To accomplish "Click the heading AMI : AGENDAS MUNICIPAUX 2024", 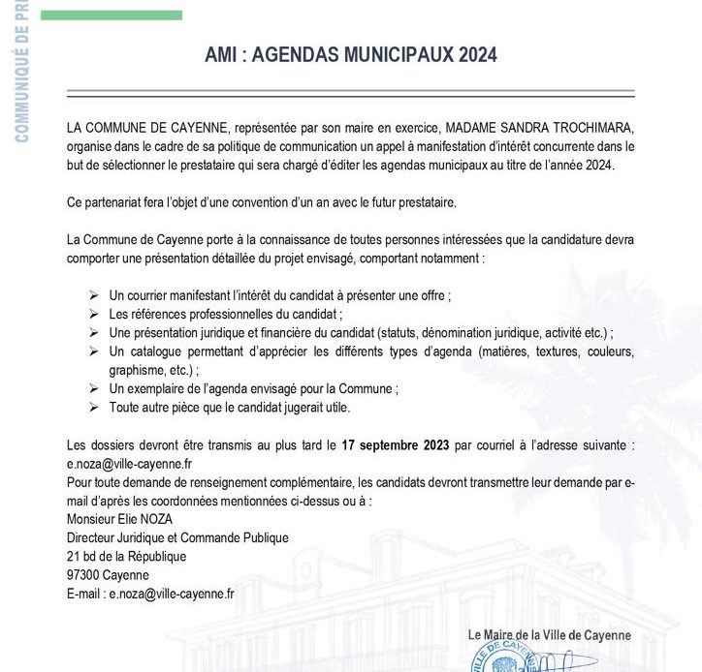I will (x=351, y=54).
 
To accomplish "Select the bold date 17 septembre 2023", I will (x=395, y=446).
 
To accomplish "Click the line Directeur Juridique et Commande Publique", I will (x=177, y=537).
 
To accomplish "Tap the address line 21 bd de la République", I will (x=126, y=557).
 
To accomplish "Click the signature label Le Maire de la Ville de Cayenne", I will (x=549, y=635).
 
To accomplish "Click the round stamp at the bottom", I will (x=503, y=658).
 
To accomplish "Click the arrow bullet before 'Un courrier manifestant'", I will (x=93, y=295).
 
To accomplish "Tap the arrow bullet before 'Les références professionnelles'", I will (x=93, y=314).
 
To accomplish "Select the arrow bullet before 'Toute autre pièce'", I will (x=93, y=408).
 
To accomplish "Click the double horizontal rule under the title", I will (x=351, y=94).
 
